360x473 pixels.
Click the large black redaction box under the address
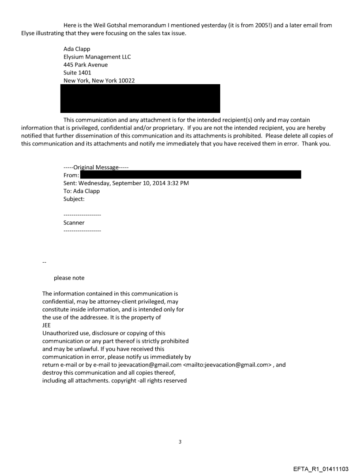click(x=140, y=98)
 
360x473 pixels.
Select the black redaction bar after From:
click(x=190, y=175)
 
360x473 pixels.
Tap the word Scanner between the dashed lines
click(x=74, y=223)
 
